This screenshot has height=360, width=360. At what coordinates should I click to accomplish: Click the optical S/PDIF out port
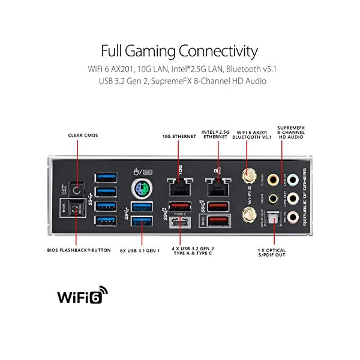274,220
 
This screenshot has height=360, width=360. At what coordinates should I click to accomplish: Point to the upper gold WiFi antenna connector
247,176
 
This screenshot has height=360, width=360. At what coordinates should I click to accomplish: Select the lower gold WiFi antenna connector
247,214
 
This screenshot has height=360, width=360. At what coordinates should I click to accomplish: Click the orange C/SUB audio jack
273,179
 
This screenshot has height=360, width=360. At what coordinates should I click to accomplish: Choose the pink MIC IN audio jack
293,217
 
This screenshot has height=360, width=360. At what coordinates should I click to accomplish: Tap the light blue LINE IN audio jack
293,179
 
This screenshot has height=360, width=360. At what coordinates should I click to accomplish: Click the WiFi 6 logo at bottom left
82,296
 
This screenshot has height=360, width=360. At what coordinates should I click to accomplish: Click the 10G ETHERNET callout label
179,136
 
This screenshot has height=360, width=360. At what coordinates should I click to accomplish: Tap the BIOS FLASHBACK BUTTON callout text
79,250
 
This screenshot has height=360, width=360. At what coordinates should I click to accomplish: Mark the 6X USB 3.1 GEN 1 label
139,250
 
